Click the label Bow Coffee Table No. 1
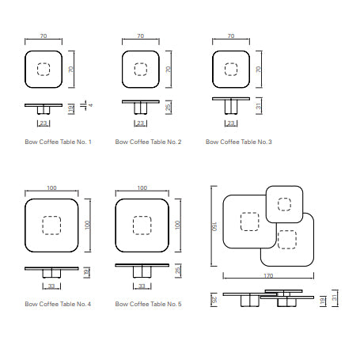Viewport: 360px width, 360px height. click(58, 142)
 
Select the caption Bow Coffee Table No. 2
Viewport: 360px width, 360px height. click(148, 142)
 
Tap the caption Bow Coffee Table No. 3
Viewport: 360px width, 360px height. click(239, 142)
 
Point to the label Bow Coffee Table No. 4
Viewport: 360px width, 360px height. click(58, 304)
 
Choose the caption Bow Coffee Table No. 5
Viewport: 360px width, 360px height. click(148, 304)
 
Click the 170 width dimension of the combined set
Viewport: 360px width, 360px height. click(268, 276)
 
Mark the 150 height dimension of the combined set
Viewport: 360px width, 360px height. click(214, 226)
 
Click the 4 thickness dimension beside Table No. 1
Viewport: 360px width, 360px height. click(91, 105)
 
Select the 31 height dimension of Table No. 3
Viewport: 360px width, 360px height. click(259, 106)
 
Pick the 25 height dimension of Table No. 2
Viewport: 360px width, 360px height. click(168, 107)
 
